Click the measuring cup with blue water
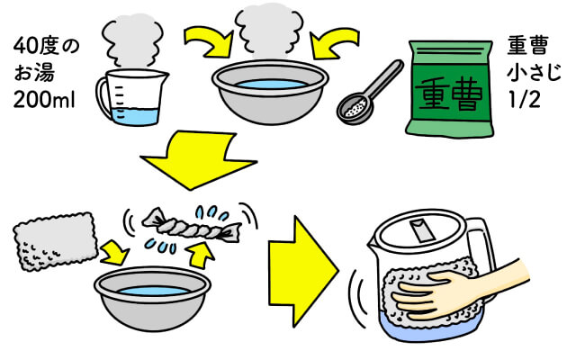132,97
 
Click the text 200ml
44,99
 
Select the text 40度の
46,47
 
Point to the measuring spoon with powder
369,93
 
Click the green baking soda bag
450,89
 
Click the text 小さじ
535,72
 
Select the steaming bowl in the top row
270,92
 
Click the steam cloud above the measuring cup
132,40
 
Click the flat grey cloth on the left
56,241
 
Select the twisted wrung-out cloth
192,226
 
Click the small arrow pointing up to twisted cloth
200,254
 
